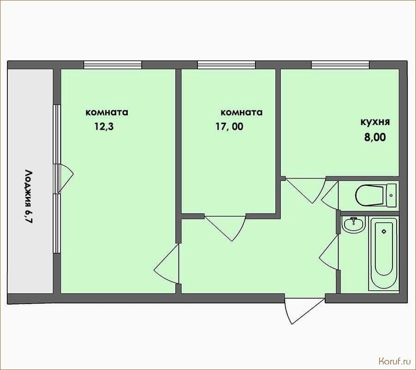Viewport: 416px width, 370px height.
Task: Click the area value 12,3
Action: [x=104, y=126]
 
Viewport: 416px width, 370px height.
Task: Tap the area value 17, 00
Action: [x=229, y=126]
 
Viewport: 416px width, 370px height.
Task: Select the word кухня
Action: [x=375, y=122]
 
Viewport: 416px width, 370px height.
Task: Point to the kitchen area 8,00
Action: [x=375, y=137]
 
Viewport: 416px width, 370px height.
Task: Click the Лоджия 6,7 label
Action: [x=29, y=197]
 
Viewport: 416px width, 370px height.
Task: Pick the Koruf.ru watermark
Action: [x=393, y=361]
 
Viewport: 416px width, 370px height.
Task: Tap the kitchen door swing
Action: [x=305, y=190]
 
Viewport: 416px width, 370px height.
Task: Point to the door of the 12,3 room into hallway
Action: [x=166, y=263]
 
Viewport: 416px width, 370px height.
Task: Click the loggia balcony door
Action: [x=65, y=178]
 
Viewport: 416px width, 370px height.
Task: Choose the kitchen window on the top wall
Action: [x=340, y=65]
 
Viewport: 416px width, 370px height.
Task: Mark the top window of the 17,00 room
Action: [x=226, y=65]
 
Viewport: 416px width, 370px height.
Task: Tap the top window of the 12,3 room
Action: [x=113, y=65]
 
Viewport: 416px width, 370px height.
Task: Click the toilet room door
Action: [x=330, y=195]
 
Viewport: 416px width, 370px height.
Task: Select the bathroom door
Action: [x=329, y=252]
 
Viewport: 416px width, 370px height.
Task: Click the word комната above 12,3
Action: [x=107, y=112]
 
